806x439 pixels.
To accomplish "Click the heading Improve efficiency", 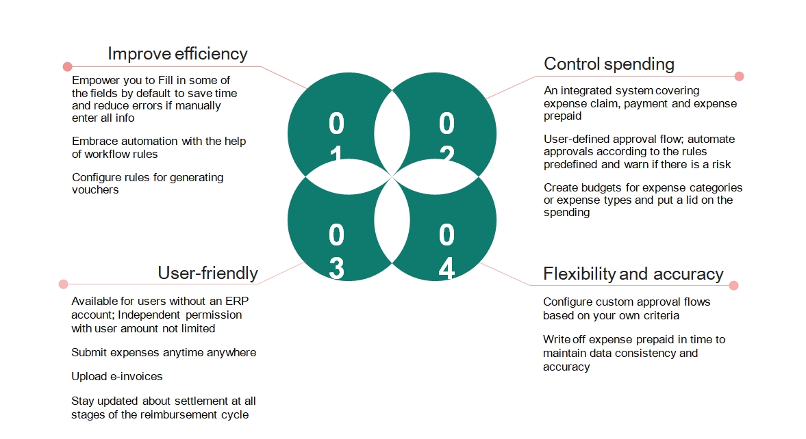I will [x=177, y=54].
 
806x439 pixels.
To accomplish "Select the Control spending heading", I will [x=609, y=64].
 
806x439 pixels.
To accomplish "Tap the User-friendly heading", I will [x=207, y=274].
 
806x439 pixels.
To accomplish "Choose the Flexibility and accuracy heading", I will [x=633, y=274].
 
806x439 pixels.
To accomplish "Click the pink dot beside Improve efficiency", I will [x=67, y=67].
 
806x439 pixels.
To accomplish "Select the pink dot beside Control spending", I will [x=739, y=77].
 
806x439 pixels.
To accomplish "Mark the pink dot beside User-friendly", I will [x=64, y=284].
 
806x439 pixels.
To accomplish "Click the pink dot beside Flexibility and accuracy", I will [x=733, y=286].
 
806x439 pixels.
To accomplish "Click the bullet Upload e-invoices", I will [x=116, y=377].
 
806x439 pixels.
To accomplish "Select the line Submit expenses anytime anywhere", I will [x=164, y=353].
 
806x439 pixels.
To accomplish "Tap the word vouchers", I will [x=95, y=190].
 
